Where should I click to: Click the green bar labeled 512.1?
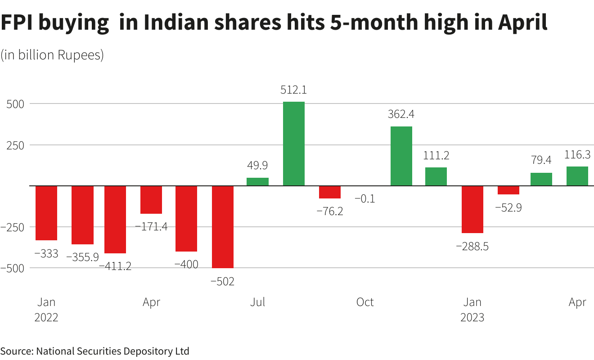point(294,144)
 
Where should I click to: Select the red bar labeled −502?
point(223,227)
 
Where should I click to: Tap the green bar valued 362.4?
point(401,156)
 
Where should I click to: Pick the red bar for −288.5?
point(472,209)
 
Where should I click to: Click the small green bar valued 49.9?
point(257,181)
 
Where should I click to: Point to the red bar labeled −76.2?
point(330,192)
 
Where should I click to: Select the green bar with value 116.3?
point(577,176)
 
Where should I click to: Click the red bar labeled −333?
point(46,213)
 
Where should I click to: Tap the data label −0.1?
point(364,198)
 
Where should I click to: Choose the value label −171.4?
point(151,226)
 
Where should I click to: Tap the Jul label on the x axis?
point(257,302)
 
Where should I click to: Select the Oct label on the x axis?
point(364,302)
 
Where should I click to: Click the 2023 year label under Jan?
point(472,317)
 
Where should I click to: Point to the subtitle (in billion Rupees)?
point(52,55)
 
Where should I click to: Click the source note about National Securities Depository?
point(94,351)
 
